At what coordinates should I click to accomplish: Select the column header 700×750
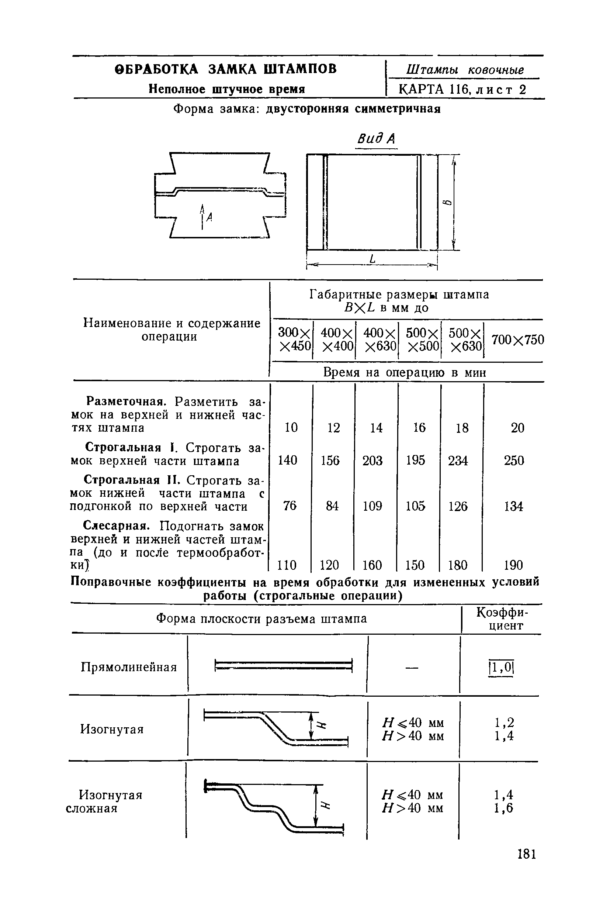(517, 340)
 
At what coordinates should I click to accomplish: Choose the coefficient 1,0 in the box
(501, 668)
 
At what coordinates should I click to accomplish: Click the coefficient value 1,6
(504, 808)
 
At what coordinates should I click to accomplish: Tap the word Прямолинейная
(129, 667)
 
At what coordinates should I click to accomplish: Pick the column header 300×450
(295, 339)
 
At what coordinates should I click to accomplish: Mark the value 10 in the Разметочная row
(291, 427)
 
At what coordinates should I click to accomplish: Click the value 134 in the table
(513, 506)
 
